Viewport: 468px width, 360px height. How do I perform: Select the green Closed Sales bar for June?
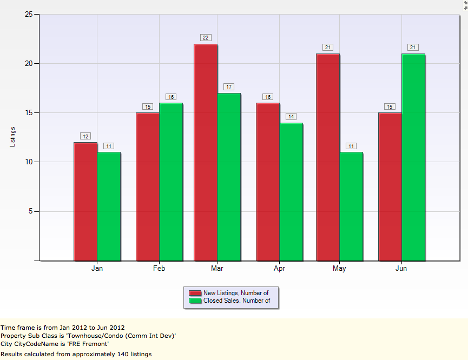click(413, 157)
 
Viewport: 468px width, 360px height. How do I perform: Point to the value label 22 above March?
click(206, 38)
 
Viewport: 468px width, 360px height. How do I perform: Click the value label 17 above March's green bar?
click(229, 87)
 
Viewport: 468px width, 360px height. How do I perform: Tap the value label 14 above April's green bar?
click(291, 117)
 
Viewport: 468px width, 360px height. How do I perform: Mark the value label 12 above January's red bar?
click(85, 136)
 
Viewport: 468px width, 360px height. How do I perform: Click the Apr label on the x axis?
click(280, 268)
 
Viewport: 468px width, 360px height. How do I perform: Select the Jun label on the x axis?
click(401, 268)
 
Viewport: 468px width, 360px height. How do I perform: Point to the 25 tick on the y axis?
click(28, 14)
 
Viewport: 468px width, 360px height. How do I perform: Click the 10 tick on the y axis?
click(28, 162)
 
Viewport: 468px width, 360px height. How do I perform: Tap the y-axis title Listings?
click(13, 137)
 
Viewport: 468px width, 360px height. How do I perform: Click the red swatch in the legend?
click(195, 293)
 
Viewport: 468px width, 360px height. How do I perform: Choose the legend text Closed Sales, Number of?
click(236, 301)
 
